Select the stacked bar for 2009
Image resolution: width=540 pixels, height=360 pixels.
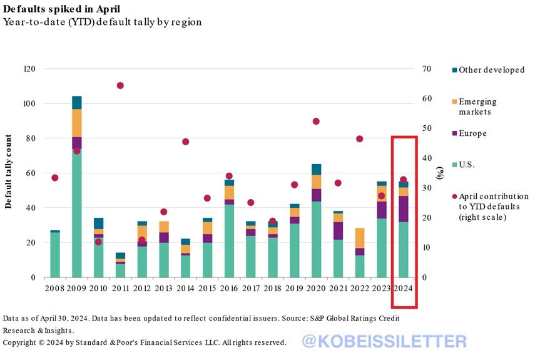77,188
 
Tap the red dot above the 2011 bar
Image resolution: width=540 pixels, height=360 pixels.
120,85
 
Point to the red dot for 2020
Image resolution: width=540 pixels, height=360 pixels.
316,121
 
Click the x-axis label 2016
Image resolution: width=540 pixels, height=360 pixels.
228,288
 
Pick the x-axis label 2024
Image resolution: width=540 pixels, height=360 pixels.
404,288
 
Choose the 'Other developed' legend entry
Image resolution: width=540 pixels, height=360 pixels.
491,70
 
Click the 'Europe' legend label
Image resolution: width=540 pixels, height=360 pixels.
472,133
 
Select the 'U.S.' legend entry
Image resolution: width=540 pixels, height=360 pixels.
467,165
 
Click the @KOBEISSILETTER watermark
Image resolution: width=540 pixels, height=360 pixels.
384,341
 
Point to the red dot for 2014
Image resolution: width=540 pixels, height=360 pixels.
186,141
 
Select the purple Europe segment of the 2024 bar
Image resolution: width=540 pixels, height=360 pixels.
404,208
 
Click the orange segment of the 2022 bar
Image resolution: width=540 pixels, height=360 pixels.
360,238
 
